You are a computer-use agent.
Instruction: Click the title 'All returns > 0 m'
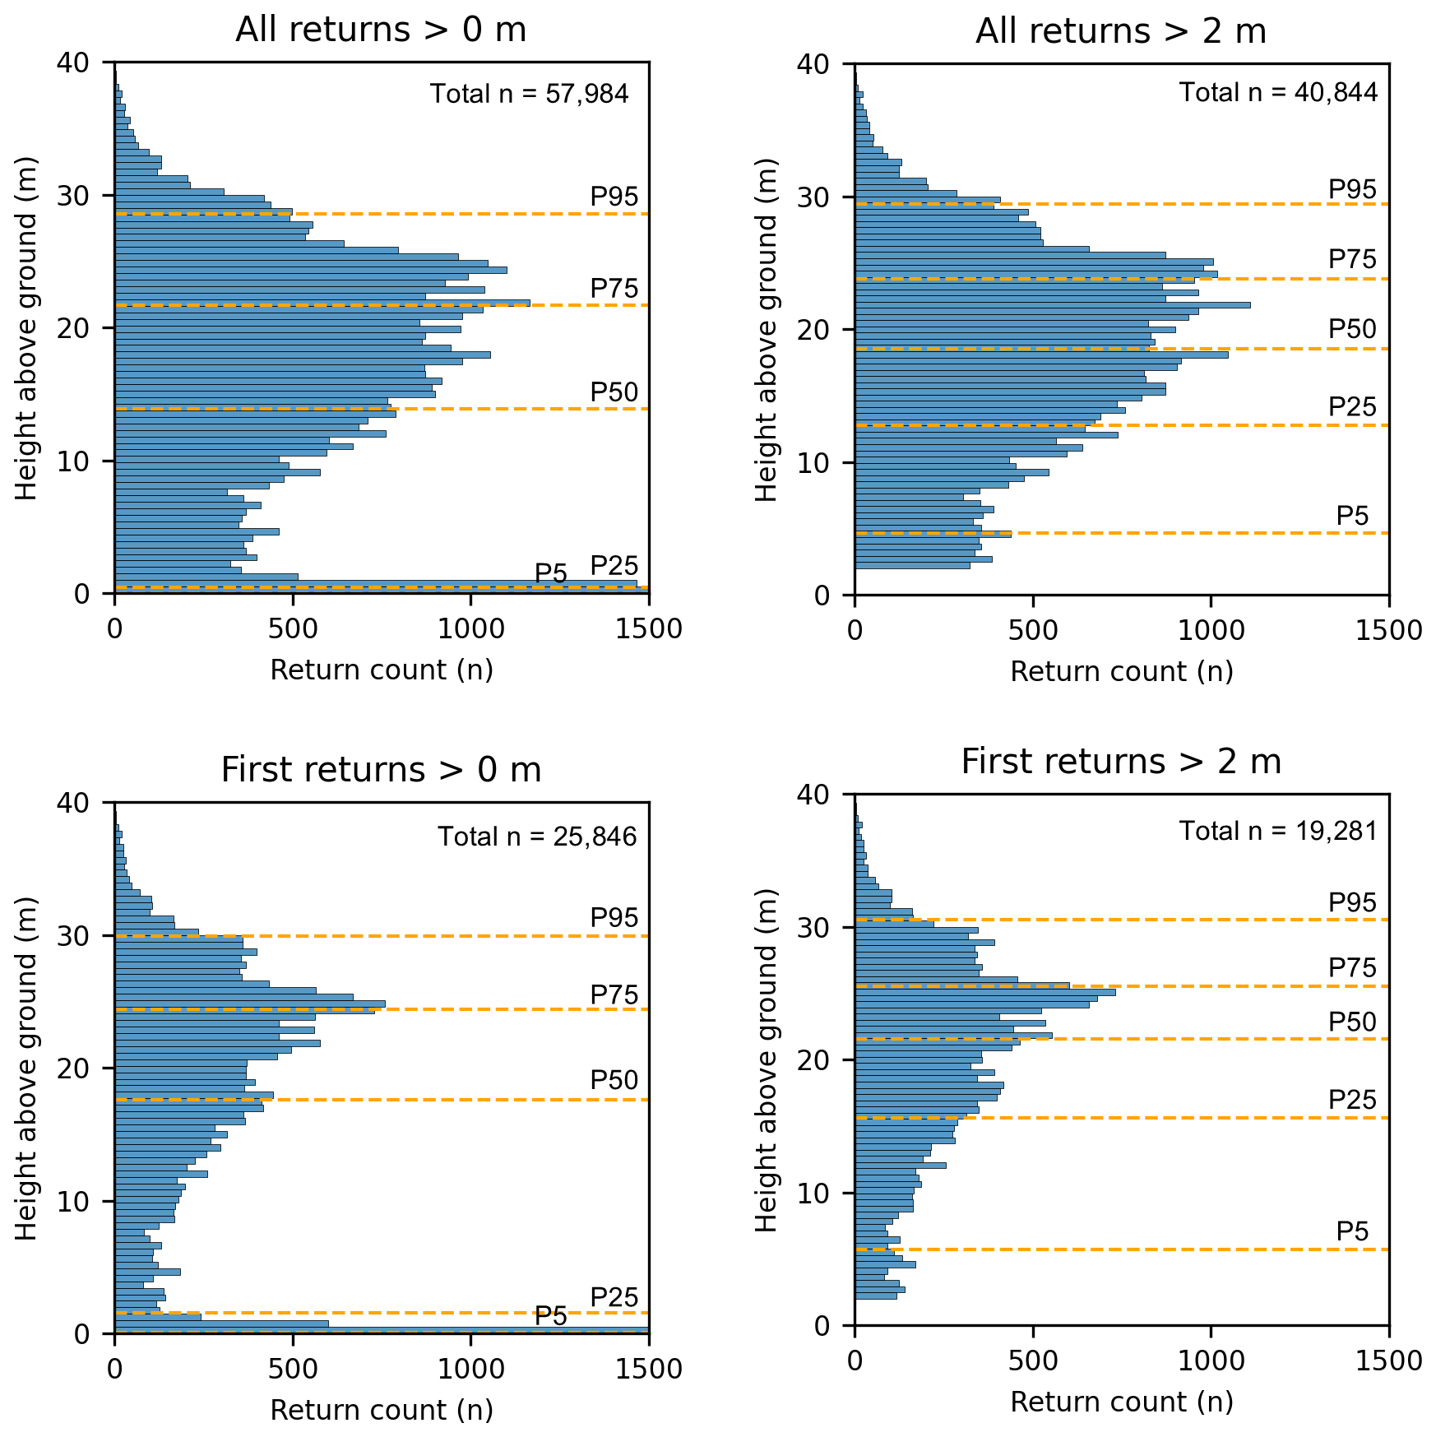tap(381, 30)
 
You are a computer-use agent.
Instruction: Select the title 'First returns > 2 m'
tap(1121, 762)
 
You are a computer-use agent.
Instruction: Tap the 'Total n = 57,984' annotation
tap(529, 94)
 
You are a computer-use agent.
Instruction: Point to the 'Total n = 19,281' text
tap(1278, 831)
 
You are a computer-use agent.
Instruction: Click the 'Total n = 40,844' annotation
tap(1278, 92)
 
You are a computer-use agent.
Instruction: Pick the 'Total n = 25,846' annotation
tap(537, 837)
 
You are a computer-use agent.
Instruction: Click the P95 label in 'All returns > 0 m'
tap(614, 197)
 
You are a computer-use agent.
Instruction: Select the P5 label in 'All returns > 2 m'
tap(1352, 516)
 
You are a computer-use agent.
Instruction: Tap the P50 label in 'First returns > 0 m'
tap(614, 1080)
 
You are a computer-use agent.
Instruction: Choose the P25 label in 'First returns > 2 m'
tap(1352, 1100)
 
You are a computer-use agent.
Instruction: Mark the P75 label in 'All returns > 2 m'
tap(1352, 259)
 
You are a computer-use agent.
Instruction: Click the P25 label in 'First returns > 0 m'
tap(614, 1297)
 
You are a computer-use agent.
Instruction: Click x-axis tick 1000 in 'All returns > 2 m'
tap(1211, 630)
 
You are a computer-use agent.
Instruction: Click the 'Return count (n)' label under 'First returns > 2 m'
tap(1121, 1402)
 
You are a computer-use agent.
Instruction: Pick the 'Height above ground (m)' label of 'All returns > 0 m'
tap(27, 327)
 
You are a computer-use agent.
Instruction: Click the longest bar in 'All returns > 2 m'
tap(1052, 305)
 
